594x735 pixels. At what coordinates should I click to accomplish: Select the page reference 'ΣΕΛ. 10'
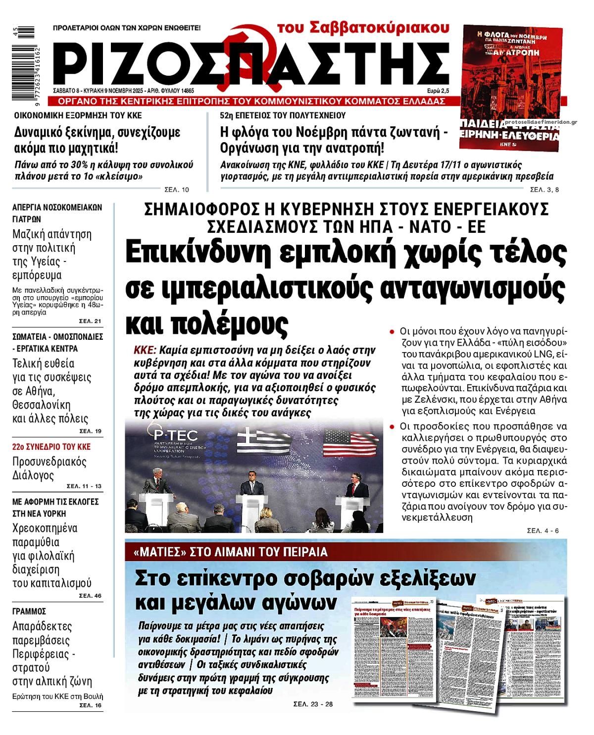pyautogui.click(x=177, y=189)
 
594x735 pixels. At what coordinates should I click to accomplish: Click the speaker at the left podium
pyautogui.click(x=151, y=483)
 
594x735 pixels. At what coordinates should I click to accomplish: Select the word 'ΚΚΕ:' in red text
pyautogui.click(x=145, y=350)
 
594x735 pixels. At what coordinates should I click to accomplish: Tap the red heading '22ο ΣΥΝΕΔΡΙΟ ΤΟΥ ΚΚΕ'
pyautogui.click(x=51, y=447)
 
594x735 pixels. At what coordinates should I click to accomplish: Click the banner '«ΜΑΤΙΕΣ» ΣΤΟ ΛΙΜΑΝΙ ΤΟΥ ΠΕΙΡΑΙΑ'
pyautogui.click(x=231, y=552)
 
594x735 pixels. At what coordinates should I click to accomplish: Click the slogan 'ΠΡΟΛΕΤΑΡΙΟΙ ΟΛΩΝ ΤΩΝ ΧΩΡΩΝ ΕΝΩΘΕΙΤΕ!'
pyautogui.click(x=127, y=28)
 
